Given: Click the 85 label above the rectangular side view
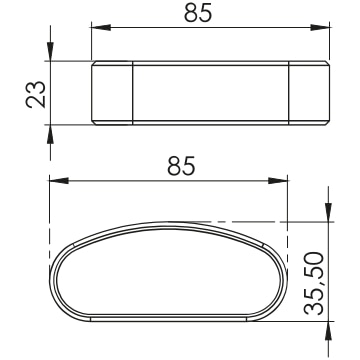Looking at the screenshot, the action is tap(198, 14).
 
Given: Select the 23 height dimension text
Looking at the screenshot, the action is tap(36, 94).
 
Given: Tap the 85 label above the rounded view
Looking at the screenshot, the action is tap(181, 167).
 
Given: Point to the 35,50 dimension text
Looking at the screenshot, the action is tap(314, 283).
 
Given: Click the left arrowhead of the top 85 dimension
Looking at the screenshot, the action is tap(101, 27).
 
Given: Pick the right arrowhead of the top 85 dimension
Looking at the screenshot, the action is tap(320, 27).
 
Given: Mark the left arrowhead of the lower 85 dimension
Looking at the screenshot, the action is tap(59, 181).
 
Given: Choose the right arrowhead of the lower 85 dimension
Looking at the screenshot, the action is tap(278, 181).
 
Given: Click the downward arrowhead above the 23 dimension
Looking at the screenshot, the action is tap(50, 51).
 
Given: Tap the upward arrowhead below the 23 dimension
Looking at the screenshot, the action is tap(50, 134).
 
